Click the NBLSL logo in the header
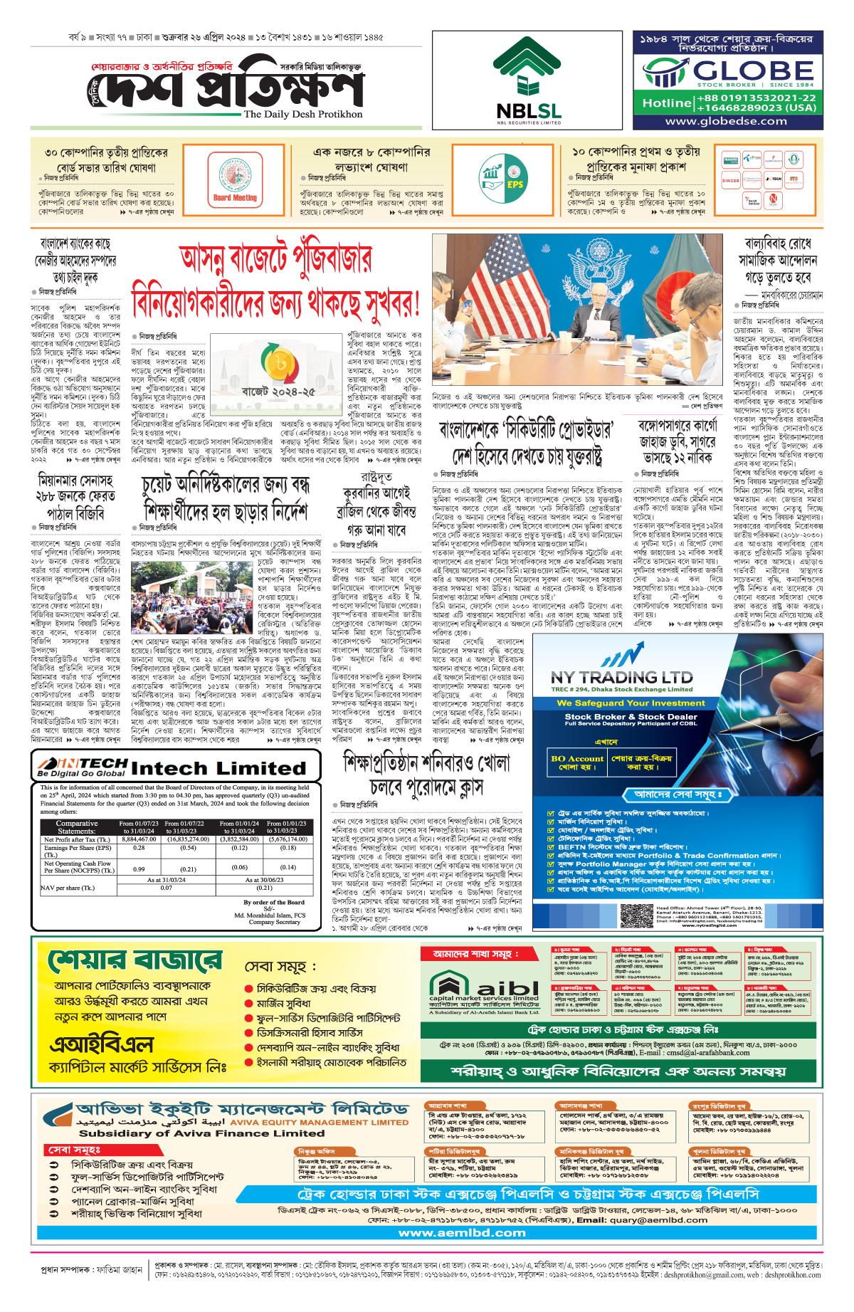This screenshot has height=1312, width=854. click(x=529, y=80)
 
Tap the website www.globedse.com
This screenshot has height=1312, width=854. click(x=726, y=121)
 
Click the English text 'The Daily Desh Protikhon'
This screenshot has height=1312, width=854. click(x=303, y=114)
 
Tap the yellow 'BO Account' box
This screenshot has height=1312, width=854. click(x=576, y=762)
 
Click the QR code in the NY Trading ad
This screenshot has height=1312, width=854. click(x=636, y=915)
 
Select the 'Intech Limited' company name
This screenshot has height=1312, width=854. click(x=218, y=768)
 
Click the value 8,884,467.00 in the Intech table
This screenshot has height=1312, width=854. click(x=139, y=839)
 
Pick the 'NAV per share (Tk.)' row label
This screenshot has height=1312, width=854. click(x=68, y=888)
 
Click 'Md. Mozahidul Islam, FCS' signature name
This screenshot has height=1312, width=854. click(x=270, y=915)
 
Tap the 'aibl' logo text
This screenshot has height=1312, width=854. click(x=507, y=988)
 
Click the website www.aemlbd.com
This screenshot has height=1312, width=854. click(x=462, y=1232)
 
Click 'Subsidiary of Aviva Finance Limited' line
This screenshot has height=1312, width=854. click(x=202, y=1133)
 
